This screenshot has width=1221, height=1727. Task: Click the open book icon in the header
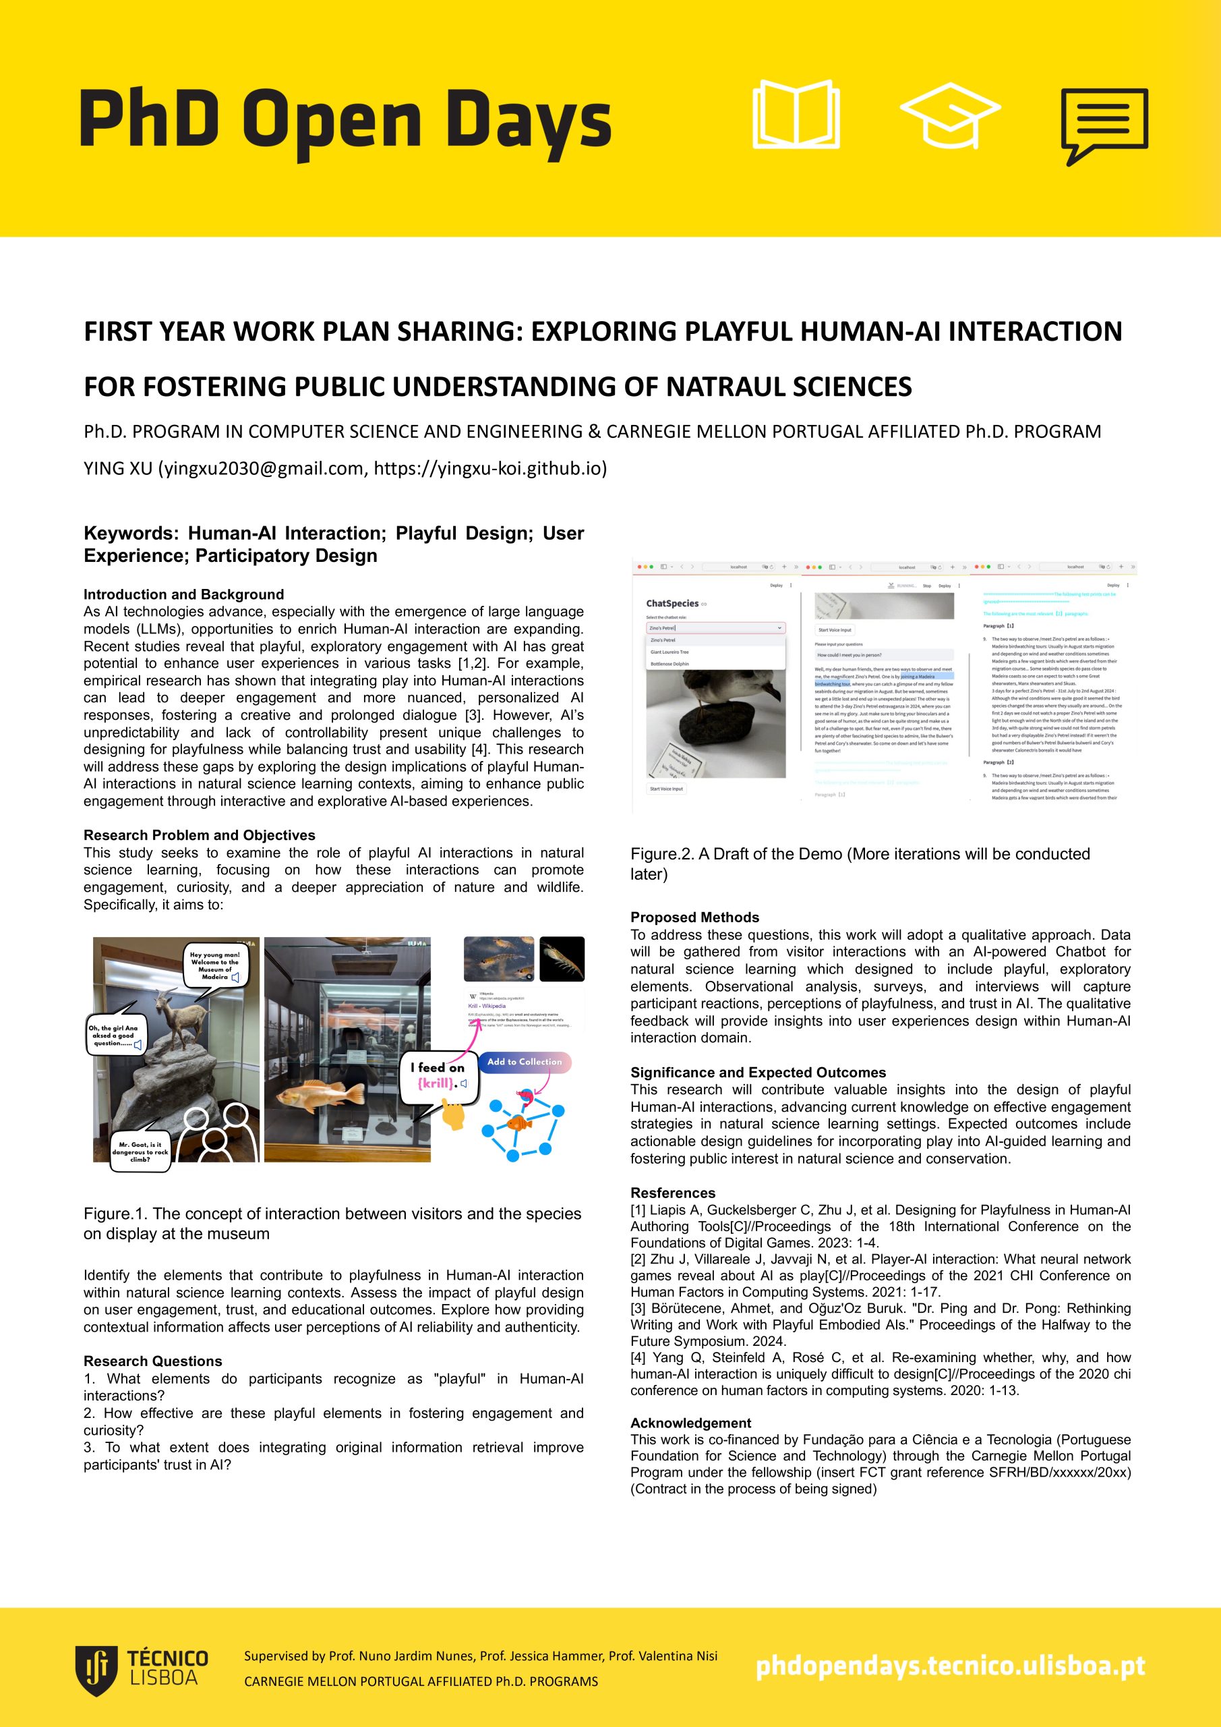pyautogui.click(x=796, y=114)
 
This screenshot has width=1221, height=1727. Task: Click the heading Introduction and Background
pyautogui.click(x=183, y=594)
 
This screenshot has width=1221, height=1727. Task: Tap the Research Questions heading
pyautogui.click(x=152, y=1361)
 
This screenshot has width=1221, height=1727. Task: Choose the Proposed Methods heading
pyautogui.click(x=694, y=917)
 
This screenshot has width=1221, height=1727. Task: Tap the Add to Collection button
pyautogui.click(x=524, y=1062)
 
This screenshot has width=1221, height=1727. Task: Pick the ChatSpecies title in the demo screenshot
pyautogui.click(x=672, y=603)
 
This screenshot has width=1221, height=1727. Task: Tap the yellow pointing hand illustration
pyautogui.click(x=452, y=1113)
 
